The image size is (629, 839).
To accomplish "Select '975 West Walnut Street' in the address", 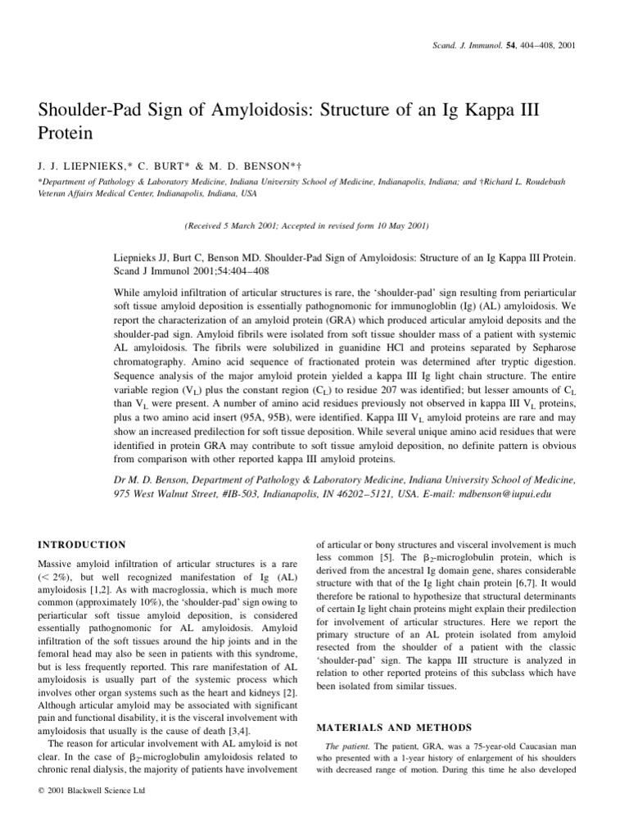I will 166,494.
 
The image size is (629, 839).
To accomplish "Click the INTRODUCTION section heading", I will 83,544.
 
